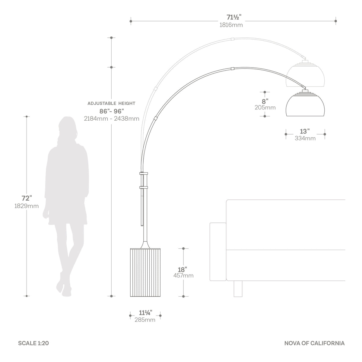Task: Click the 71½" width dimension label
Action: point(234,17)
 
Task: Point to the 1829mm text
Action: point(27,206)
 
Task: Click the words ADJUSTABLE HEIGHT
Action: point(111,103)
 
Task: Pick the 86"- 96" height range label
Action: point(112,111)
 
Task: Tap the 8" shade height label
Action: point(265,101)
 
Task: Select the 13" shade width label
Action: point(305,131)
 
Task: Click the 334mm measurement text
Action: point(305,138)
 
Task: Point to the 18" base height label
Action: point(183,270)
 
